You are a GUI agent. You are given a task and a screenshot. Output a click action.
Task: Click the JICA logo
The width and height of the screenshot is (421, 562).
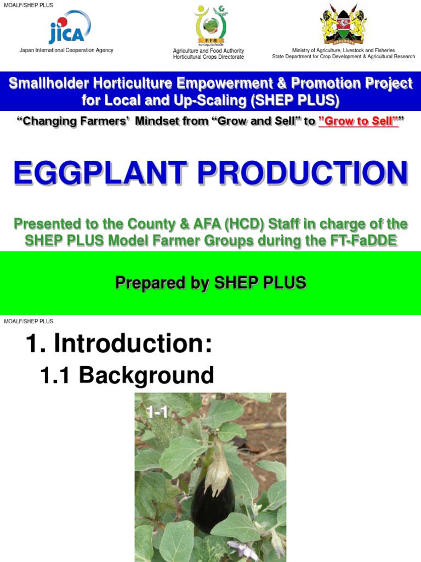pyautogui.click(x=67, y=28)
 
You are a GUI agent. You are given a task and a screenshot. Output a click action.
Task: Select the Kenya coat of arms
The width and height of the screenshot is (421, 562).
pyautogui.click(x=343, y=24)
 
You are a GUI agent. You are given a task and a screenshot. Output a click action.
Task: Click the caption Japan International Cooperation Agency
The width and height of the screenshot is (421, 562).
pyautogui.click(x=66, y=50)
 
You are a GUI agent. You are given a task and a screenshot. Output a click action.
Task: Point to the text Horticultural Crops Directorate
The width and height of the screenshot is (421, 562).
pyautogui.click(x=209, y=57)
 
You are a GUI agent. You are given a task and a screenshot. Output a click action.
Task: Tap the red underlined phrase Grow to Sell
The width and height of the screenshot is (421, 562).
pyautogui.click(x=357, y=122)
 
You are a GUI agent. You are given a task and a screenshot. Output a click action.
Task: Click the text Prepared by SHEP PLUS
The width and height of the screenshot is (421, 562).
pyautogui.click(x=210, y=283)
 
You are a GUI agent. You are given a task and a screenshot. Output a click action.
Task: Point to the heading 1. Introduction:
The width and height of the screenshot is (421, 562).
pyautogui.click(x=118, y=344)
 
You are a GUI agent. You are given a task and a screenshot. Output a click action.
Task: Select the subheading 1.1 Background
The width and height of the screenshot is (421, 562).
pyautogui.click(x=127, y=375)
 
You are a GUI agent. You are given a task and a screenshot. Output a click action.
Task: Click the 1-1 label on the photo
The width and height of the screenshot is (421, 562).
pyautogui.click(x=157, y=413)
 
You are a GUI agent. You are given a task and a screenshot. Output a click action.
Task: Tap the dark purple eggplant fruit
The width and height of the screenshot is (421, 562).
pyautogui.click(x=213, y=499)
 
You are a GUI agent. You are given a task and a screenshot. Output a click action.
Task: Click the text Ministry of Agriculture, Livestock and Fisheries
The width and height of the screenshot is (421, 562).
pyautogui.click(x=343, y=50)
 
